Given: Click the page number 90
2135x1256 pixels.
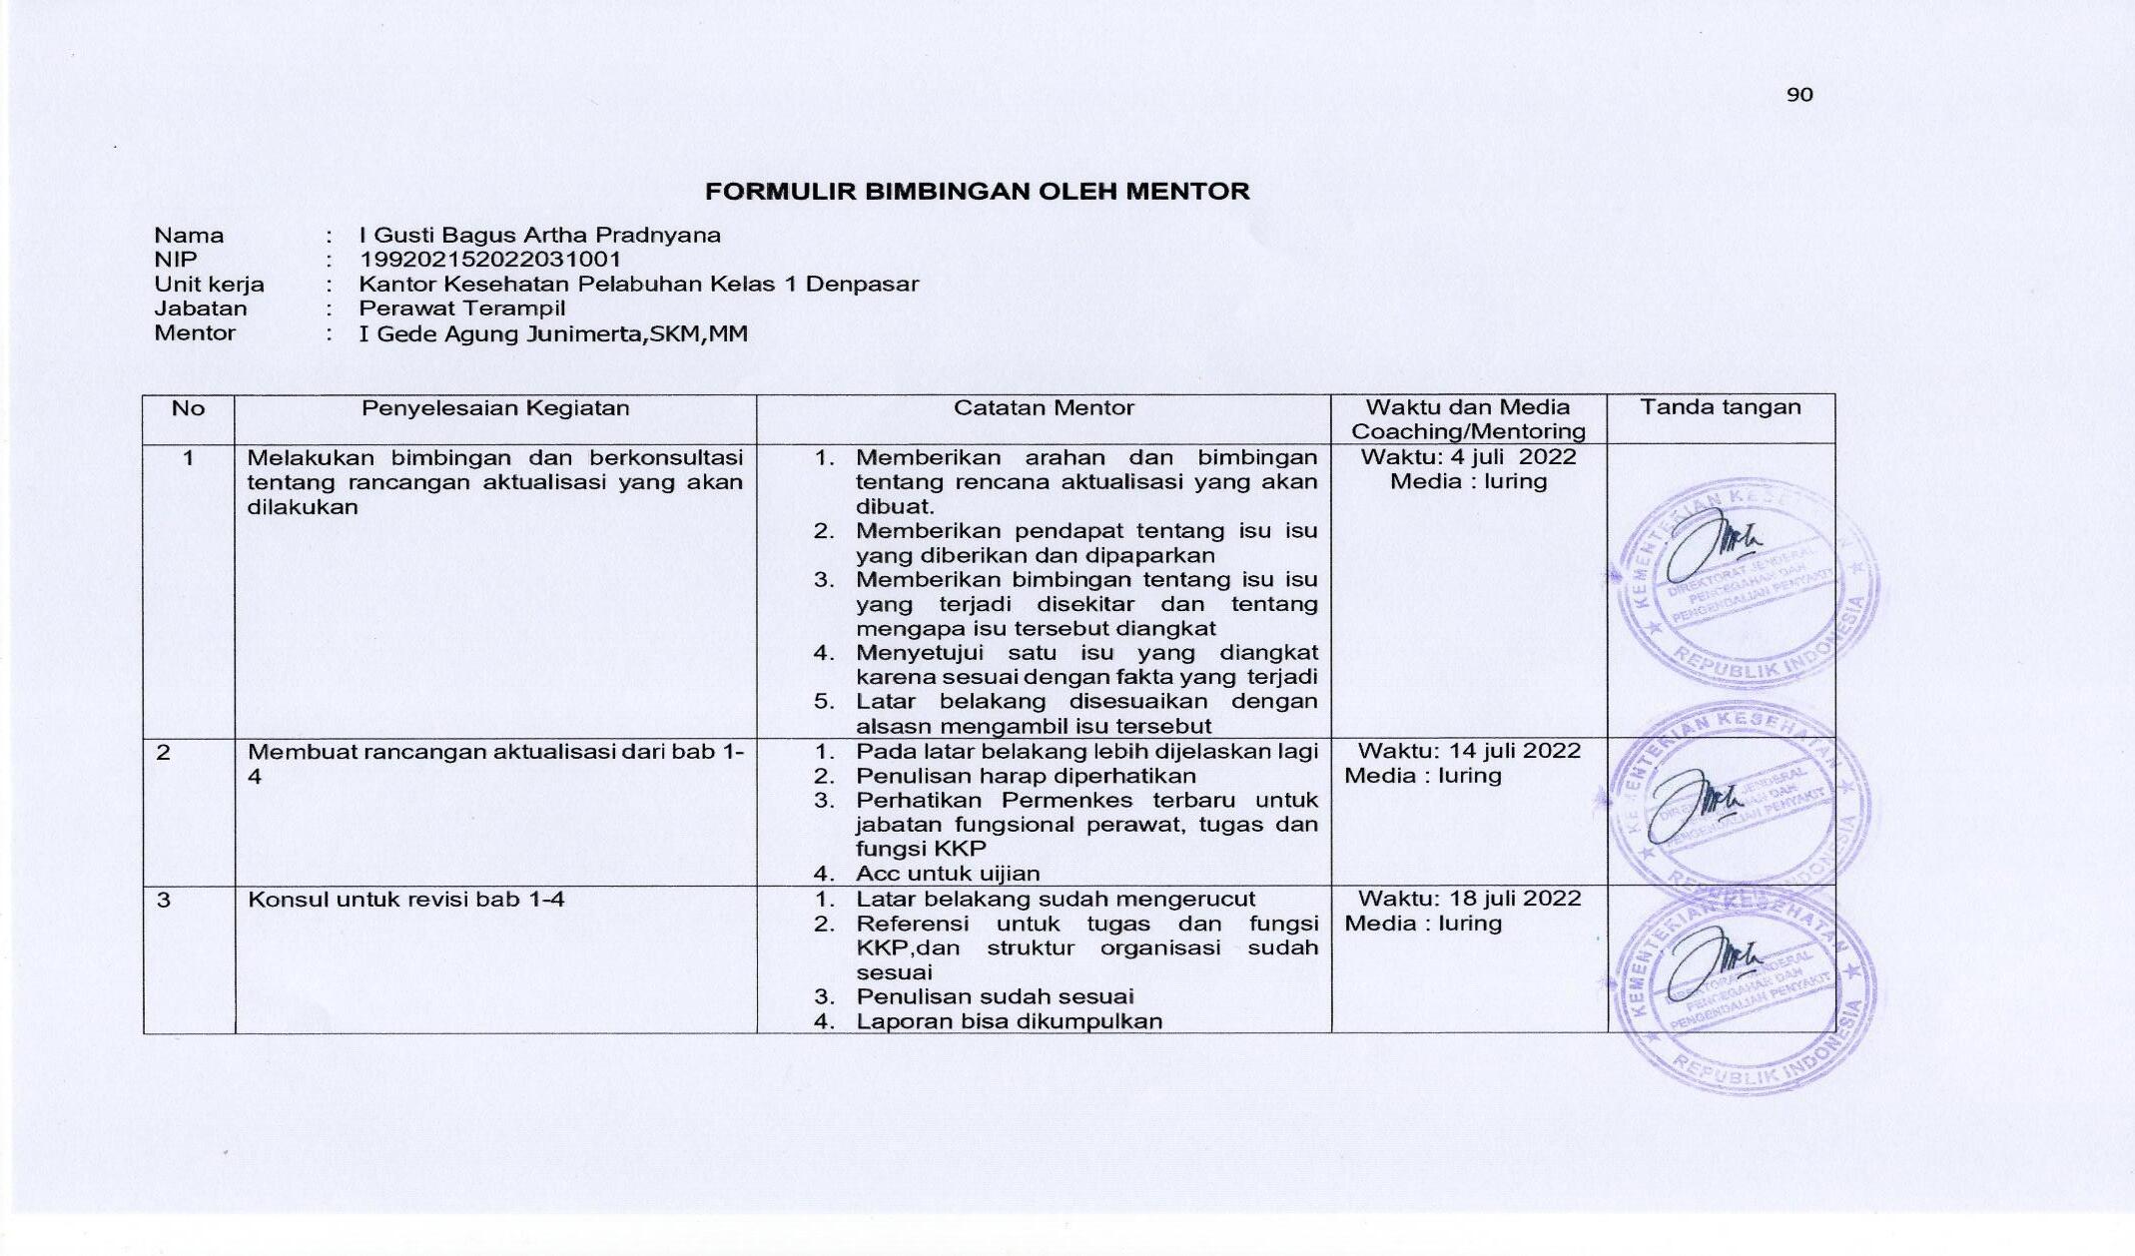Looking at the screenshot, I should coord(1799,95).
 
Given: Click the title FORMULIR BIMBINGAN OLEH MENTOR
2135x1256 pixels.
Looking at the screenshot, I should coord(977,192).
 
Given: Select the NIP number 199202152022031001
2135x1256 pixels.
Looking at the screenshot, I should coord(490,260).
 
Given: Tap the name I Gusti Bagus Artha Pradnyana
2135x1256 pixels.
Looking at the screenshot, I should coord(539,236).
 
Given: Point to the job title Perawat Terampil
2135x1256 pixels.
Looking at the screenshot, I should coord(462,309).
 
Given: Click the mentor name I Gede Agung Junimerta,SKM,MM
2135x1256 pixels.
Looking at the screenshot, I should coord(553,333).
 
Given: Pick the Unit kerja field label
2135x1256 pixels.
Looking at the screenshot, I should coord(209,285).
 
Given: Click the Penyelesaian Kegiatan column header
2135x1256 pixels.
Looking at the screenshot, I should coord(495,408).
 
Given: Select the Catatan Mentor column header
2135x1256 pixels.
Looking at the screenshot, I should coord(1044,408).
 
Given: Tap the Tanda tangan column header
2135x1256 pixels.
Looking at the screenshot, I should coord(1721,407).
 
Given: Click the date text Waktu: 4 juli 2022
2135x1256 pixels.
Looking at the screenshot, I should coord(1468,457).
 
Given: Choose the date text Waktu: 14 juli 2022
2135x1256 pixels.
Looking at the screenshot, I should coord(1469,751).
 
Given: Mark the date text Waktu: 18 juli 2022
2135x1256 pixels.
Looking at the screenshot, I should coord(1469,899).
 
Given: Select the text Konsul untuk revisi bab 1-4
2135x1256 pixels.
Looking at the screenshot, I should coord(406,900).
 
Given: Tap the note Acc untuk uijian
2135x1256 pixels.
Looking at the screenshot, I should coord(947,874).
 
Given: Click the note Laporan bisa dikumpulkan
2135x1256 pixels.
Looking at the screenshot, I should coord(1009,1021).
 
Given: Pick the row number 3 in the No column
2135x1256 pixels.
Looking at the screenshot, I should coord(164,900).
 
